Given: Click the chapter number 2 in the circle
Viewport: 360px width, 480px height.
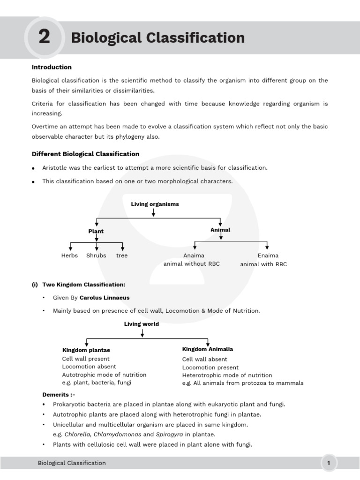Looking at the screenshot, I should pyautogui.click(x=44, y=37).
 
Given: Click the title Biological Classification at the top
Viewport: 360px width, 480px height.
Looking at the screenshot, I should pyautogui.click(x=157, y=37).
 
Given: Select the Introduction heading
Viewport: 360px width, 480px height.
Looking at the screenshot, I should pyautogui.click(x=52, y=67).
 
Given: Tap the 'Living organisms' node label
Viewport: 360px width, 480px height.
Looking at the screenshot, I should pyautogui.click(x=155, y=204).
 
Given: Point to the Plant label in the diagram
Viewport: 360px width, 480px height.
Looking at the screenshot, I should pyautogui.click(x=96, y=231).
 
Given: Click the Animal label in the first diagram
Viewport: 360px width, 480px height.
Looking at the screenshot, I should pyautogui.click(x=220, y=230).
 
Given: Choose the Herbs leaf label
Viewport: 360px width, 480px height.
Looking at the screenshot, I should pyautogui.click(x=69, y=255).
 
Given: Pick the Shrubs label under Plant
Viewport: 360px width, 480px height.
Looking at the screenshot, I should pyautogui.click(x=96, y=255).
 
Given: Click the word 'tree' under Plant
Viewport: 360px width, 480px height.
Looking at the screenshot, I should pyautogui.click(x=122, y=255).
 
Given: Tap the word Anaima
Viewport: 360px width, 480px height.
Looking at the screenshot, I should pyautogui.click(x=194, y=255).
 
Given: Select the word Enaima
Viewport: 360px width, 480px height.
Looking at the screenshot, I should pyautogui.click(x=268, y=255).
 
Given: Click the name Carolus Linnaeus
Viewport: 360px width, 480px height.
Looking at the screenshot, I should pyautogui.click(x=105, y=298).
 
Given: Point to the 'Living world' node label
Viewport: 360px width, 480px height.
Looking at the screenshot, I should pyautogui.click(x=142, y=324).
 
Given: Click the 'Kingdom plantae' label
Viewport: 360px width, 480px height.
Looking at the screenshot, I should pyautogui.click(x=86, y=350).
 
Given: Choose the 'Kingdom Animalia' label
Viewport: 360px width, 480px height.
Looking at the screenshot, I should pyautogui.click(x=208, y=349).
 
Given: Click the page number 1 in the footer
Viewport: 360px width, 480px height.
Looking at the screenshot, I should pyautogui.click(x=329, y=463).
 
